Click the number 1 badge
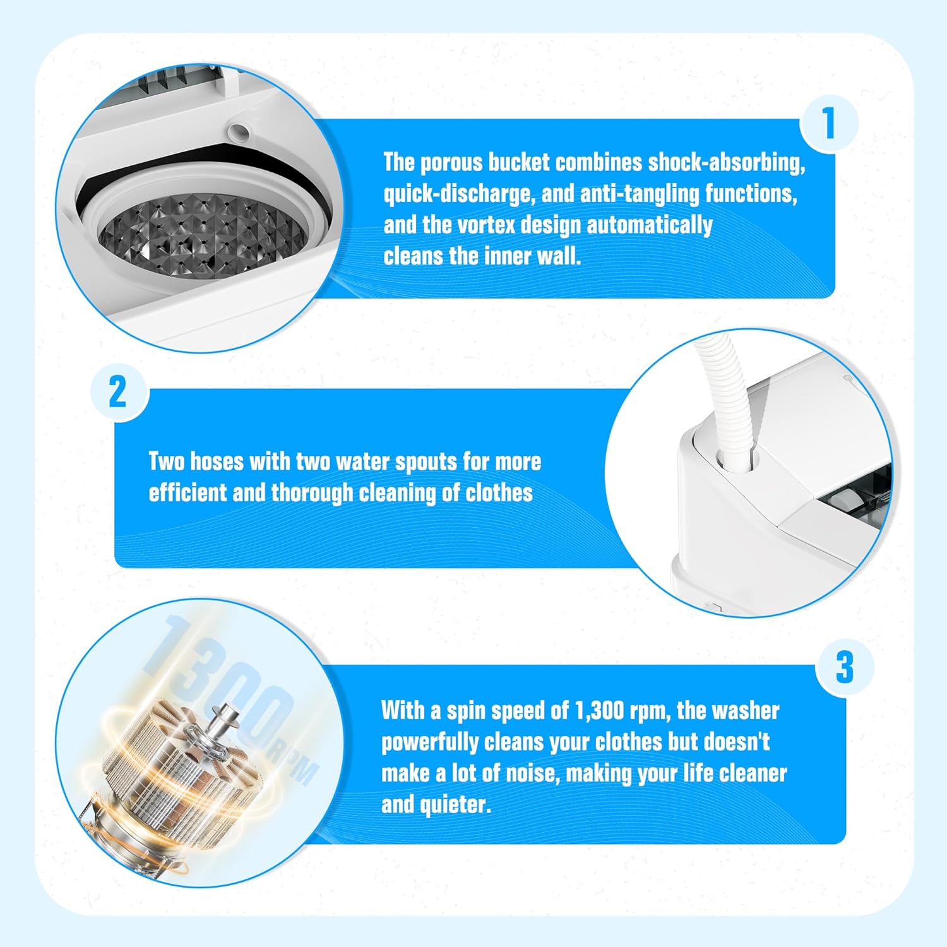pos(829,123)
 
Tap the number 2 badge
pos(118,392)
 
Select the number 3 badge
pos(844,667)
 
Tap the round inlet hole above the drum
pos(239,132)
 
